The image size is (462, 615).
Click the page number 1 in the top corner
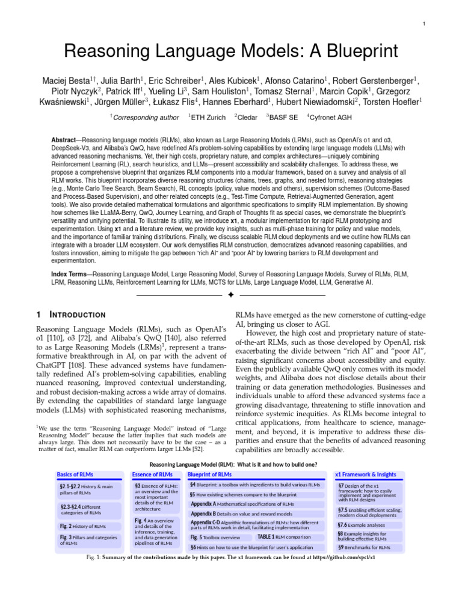point(424,23)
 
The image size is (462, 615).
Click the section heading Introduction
point(77,315)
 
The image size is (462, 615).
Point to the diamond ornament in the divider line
point(231,295)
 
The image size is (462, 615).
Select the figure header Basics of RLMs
point(75,474)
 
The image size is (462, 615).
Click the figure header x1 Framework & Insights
point(365,474)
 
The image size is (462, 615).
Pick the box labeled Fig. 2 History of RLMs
point(82,526)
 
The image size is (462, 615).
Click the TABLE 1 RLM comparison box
point(284,537)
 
